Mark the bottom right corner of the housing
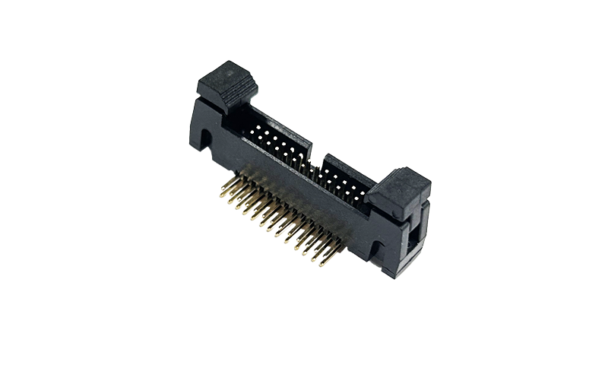click(401, 275)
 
